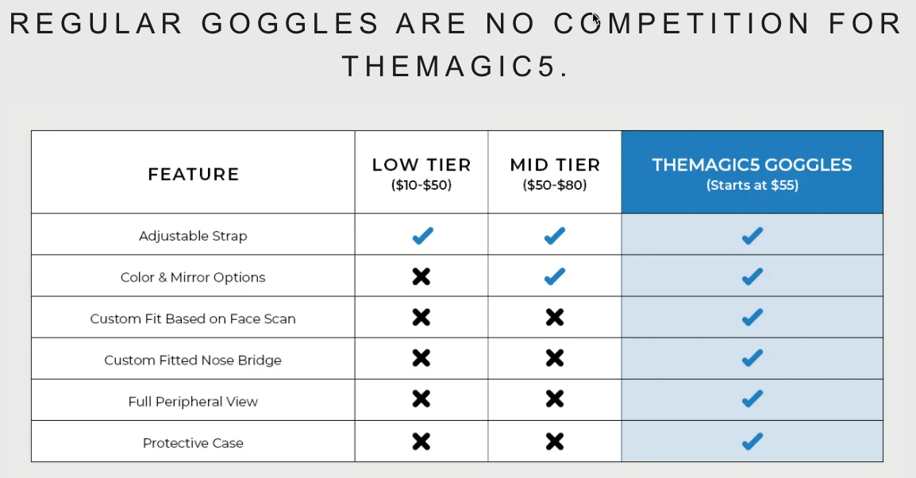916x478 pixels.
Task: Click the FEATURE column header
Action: (x=193, y=174)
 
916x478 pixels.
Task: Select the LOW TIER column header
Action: (x=421, y=165)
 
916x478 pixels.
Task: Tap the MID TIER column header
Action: (x=555, y=165)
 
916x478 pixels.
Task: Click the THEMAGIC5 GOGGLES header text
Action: (x=752, y=165)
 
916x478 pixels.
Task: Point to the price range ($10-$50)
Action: (x=421, y=185)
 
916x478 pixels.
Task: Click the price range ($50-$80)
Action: (x=555, y=185)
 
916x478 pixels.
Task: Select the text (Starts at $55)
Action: (x=752, y=185)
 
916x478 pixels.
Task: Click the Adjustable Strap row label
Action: (x=193, y=236)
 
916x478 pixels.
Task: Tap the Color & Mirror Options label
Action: (x=193, y=277)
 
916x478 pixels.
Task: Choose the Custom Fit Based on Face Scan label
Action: (x=193, y=318)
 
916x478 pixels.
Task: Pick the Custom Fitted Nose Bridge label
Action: (x=193, y=360)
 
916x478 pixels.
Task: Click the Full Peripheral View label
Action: (x=193, y=401)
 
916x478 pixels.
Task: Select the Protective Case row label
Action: (x=193, y=442)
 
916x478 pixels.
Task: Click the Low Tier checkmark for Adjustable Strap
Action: (x=422, y=235)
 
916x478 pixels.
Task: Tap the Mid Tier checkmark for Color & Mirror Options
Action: (x=555, y=276)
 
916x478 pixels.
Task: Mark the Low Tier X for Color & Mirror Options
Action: (x=421, y=276)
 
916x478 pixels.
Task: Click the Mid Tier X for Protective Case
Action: (x=555, y=441)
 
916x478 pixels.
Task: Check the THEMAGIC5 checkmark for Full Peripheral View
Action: (x=752, y=398)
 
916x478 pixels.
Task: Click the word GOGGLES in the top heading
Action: (x=291, y=25)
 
